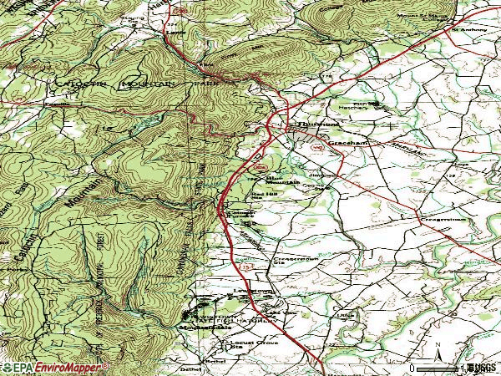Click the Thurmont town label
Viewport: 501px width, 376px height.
pos(306,126)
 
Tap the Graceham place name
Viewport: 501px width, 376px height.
pos(344,144)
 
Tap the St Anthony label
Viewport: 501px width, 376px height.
pos(468,32)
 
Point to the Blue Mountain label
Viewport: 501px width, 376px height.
pos(281,179)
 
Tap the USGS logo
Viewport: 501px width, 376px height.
pos(479,367)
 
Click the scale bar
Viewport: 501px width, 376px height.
pos(434,367)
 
